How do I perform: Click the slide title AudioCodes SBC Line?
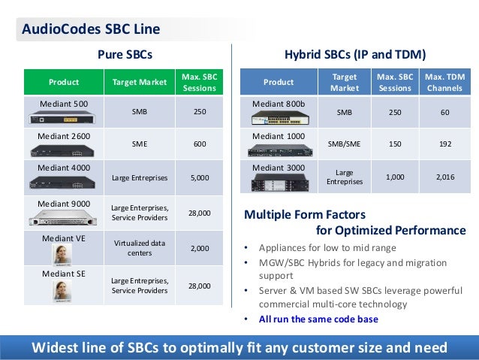90,30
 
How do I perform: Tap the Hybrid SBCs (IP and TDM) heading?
355,54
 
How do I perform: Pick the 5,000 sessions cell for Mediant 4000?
199,178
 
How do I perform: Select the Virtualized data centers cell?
140,248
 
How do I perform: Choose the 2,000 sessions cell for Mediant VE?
199,248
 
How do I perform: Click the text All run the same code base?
318,319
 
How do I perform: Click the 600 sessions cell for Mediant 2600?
199,144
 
